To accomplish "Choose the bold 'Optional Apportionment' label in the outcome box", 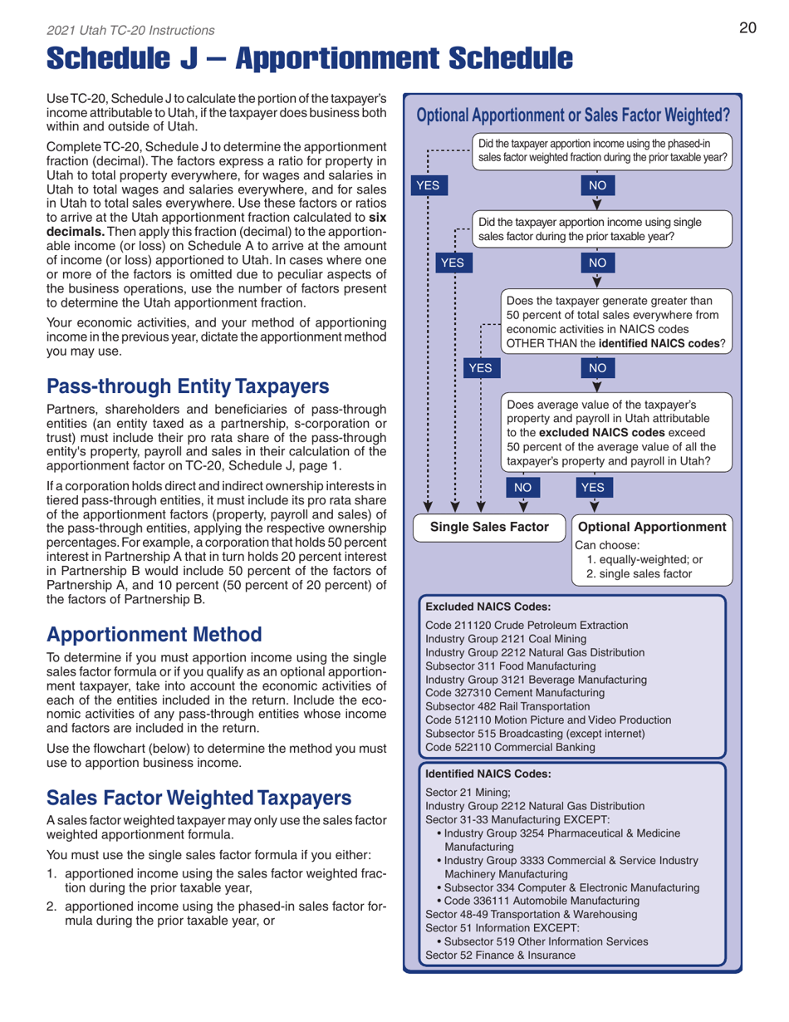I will (x=652, y=528).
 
